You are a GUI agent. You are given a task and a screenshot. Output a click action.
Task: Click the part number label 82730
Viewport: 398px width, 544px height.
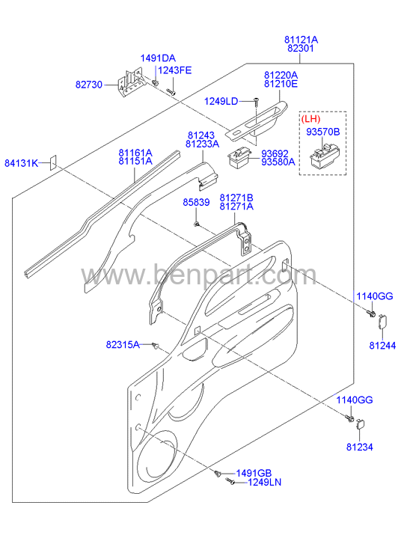[89, 85]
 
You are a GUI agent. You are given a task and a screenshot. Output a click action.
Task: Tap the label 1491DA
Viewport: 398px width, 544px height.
[158, 58]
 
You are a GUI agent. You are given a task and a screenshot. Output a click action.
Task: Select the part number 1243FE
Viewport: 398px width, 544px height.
[175, 70]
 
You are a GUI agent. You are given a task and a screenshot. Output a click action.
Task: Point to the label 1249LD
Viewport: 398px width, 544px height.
[221, 101]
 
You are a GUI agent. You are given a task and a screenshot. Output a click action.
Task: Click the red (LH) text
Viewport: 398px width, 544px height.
[310, 119]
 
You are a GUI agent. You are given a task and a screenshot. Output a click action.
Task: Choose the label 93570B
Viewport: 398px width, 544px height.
[322, 132]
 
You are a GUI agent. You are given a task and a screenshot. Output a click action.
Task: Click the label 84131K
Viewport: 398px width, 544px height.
[21, 163]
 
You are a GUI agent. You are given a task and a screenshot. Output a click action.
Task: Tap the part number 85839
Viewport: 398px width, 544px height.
[197, 202]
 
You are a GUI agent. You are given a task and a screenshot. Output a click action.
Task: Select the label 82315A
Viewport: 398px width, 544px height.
[123, 344]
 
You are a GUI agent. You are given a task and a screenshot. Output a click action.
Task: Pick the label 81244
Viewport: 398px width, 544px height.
[382, 346]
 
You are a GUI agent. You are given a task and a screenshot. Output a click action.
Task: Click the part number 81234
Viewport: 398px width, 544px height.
[360, 447]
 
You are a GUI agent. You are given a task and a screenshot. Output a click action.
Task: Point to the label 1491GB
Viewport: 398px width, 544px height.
[254, 473]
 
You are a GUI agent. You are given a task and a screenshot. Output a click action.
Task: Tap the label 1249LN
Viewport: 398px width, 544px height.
[264, 482]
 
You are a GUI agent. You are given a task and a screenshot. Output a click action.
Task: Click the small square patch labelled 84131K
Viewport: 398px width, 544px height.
[53, 162]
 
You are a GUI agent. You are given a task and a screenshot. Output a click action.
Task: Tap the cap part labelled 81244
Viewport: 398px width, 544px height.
[382, 322]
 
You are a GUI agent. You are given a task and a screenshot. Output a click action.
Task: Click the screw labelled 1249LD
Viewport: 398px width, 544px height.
[255, 102]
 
